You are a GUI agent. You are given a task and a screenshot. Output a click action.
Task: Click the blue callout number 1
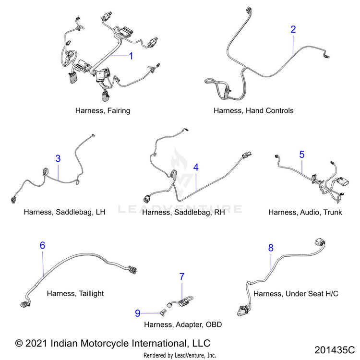point(131,56)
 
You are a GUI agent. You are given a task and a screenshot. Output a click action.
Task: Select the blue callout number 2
point(293,29)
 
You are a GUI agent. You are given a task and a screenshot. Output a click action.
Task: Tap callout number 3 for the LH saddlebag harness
point(58,158)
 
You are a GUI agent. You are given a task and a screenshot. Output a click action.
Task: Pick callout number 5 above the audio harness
point(302,155)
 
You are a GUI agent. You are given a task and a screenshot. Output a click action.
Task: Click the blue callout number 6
point(43,246)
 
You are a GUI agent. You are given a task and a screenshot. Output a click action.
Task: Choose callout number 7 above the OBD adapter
point(182,277)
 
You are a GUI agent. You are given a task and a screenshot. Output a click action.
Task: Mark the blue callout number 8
point(271,248)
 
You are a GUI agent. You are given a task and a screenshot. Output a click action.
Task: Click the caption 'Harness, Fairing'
point(103,110)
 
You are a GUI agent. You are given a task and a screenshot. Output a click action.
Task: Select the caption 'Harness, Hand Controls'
point(253,110)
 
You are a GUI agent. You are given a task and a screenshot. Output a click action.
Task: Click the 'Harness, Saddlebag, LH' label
point(64,212)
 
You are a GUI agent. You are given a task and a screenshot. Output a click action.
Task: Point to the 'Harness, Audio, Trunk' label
point(305,212)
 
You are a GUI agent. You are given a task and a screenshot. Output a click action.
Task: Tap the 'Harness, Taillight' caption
point(75,293)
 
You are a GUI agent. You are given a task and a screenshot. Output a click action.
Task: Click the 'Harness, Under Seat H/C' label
point(296,293)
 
